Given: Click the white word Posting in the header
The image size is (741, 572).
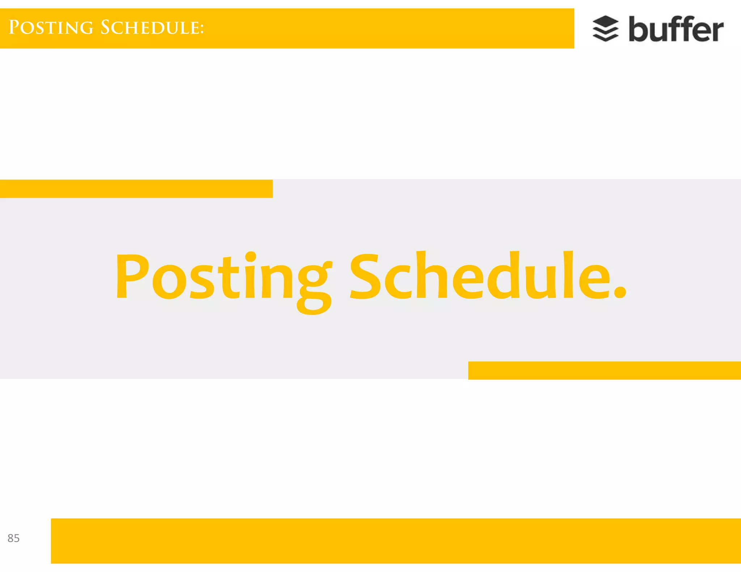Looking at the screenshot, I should coord(51,28).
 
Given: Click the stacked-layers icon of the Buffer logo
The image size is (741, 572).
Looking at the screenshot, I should coord(605,29).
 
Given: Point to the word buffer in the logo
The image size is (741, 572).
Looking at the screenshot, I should coord(676,29).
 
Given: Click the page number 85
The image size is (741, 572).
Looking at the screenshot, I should coord(13,538).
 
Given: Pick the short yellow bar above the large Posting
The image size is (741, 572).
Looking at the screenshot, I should coord(136,189).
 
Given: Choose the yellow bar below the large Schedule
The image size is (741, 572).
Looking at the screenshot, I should coord(604,370).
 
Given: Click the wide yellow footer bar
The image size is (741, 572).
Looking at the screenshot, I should coord(396,541).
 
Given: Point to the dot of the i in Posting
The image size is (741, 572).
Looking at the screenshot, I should coord(250,257).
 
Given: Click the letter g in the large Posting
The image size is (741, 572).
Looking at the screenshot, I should coord(314,286).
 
